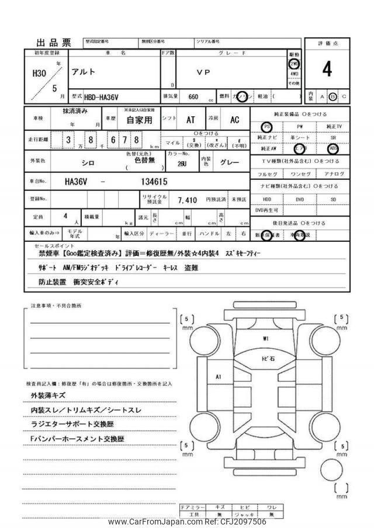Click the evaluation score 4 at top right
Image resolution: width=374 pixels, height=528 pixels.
327,70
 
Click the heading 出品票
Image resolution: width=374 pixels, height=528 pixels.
54,43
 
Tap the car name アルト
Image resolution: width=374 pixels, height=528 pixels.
83,73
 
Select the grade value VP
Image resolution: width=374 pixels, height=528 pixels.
203,73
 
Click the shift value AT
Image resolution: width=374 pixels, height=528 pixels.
191,120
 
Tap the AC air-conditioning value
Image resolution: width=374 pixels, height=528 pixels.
234,120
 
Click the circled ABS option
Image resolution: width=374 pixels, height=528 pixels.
333,148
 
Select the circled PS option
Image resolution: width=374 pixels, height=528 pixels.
266,126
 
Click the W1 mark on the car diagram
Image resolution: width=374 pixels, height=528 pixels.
266,339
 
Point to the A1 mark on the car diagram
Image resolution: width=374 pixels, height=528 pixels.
219,377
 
